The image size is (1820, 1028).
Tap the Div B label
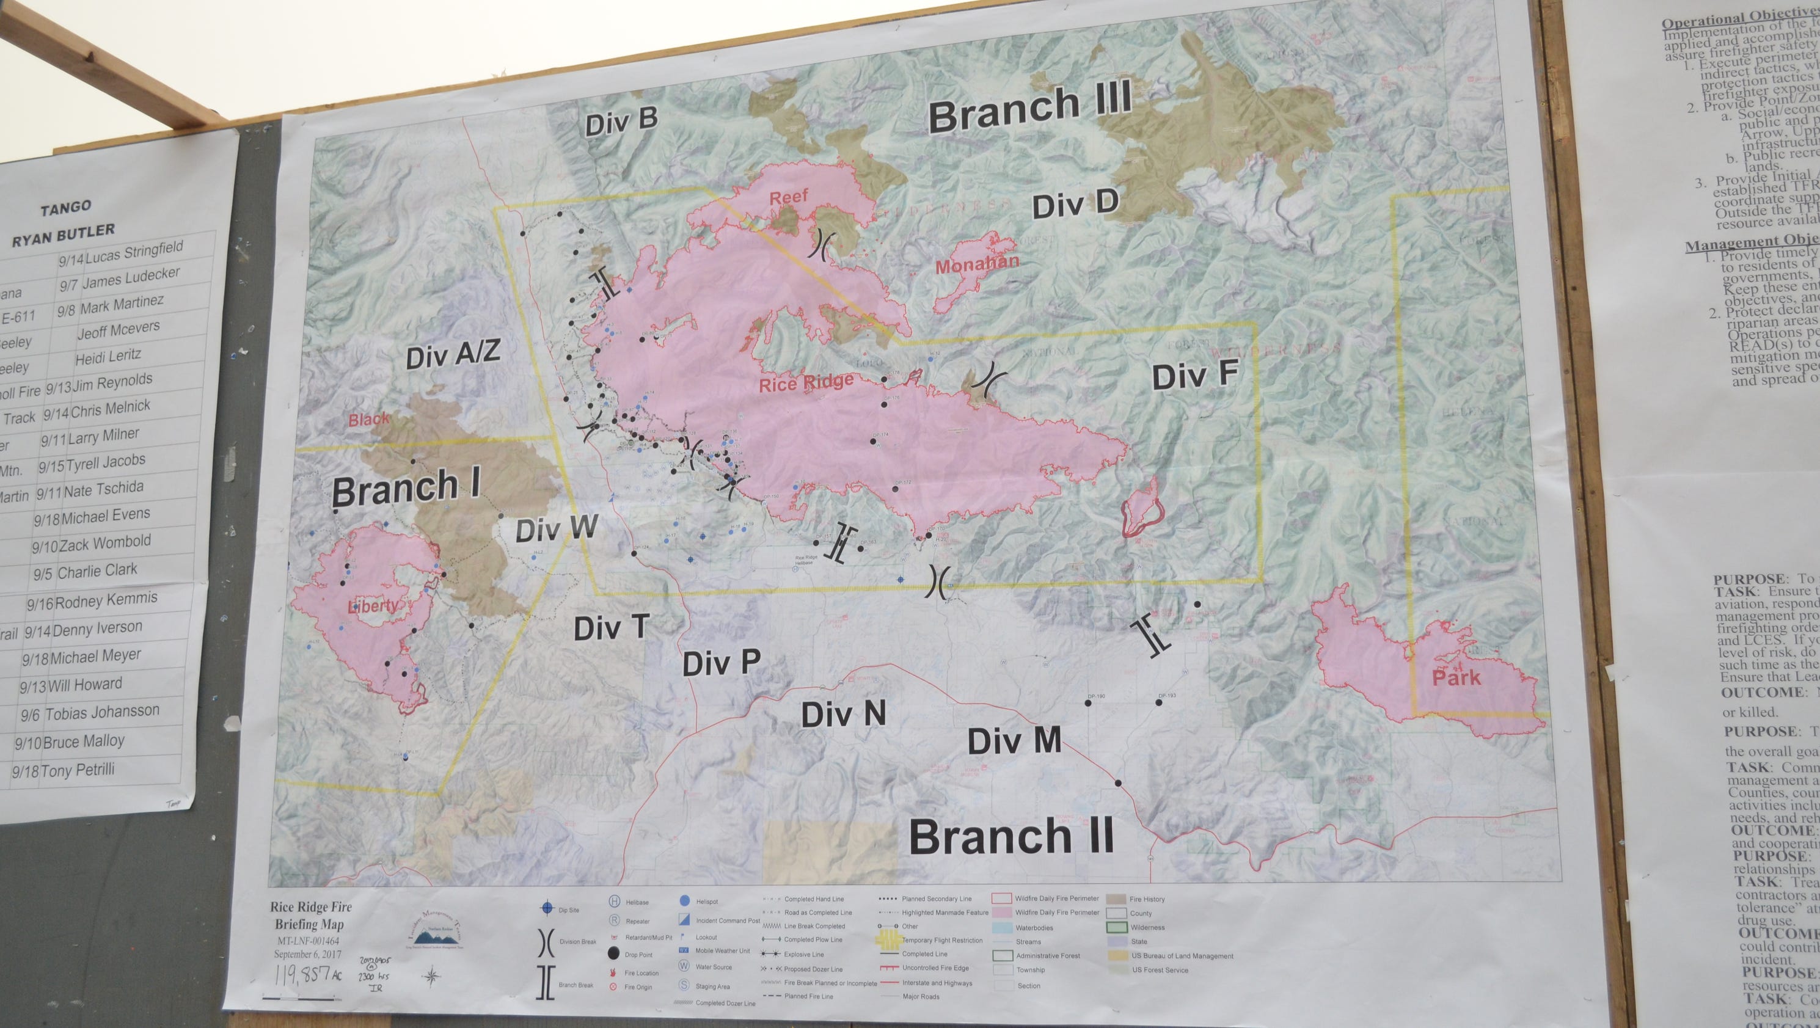pyautogui.click(x=621, y=122)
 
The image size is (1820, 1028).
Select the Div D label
pyautogui.click(x=1075, y=204)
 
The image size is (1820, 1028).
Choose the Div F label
pyautogui.click(x=1194, y=375)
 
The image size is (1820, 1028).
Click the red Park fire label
pyautogui.click(x=1455, y=678)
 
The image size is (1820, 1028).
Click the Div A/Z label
pyautogui.click(x=453, y=354)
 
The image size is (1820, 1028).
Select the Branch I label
pyautogui.click(x=406, y=489)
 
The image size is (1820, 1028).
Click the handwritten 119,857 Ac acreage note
pyautogui.click(x=307, y=975)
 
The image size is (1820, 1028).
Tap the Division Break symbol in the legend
pyautogui.click(x=546, y=942)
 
